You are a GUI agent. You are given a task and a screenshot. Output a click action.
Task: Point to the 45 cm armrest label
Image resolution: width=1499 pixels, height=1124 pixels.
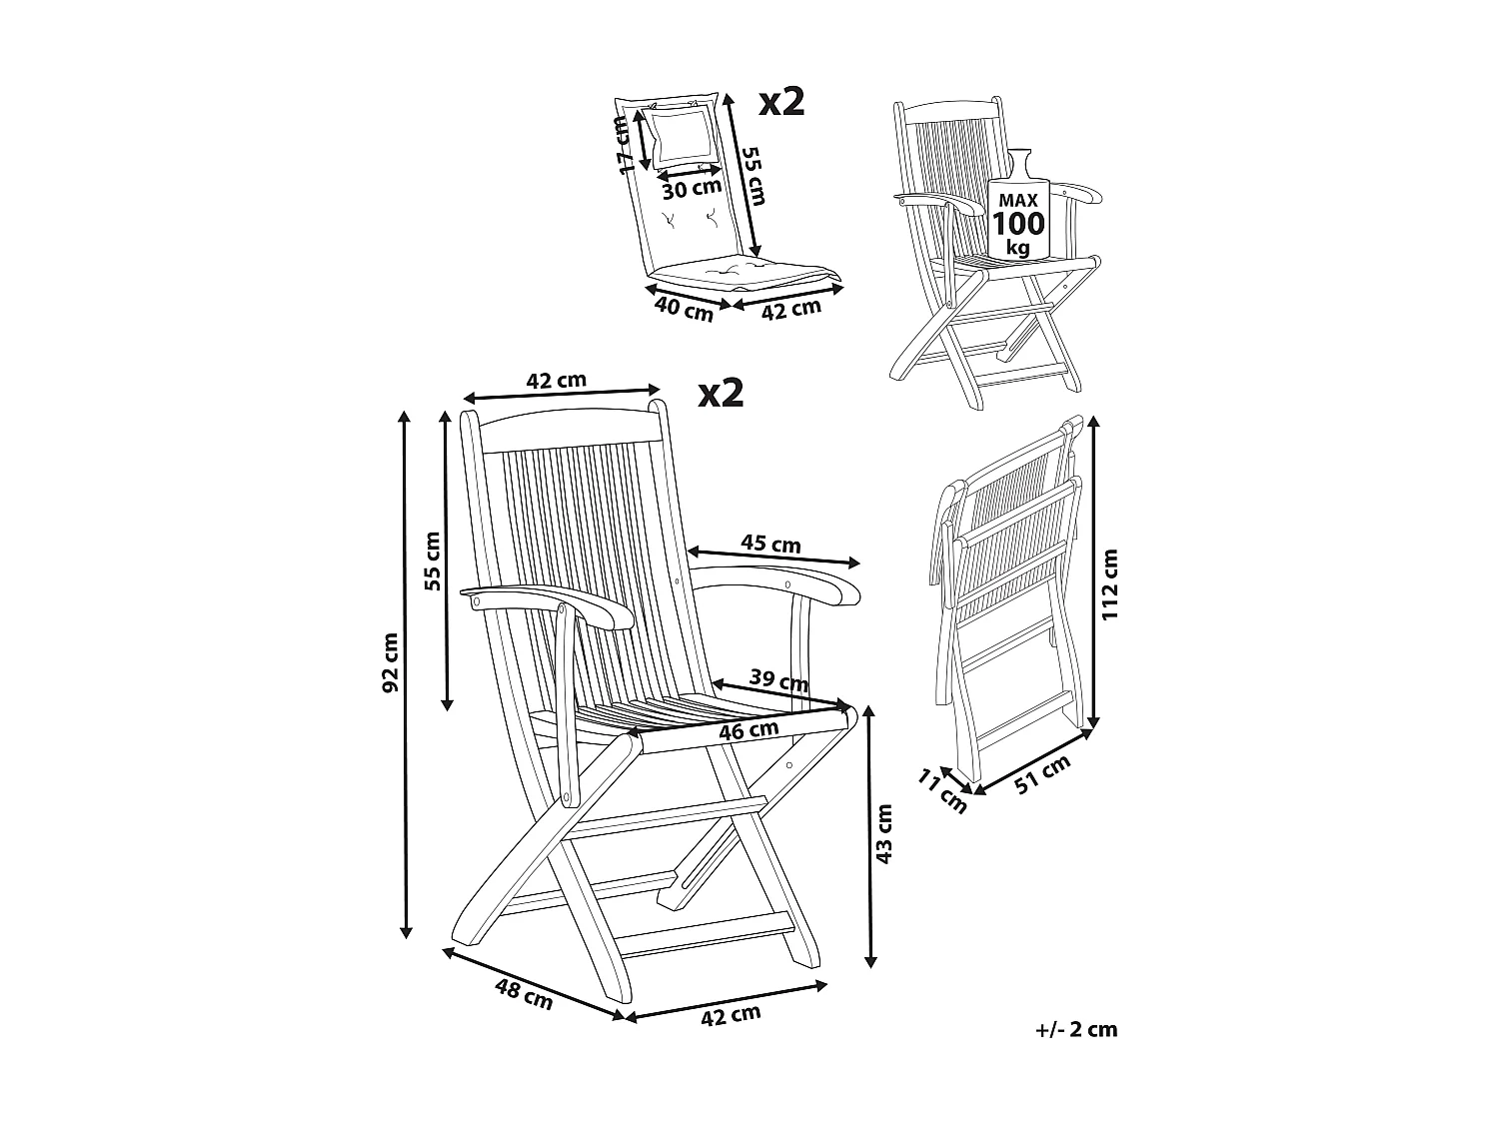(770, 545)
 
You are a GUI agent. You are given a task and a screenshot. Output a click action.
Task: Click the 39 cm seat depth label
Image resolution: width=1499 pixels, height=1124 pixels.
(778, 682)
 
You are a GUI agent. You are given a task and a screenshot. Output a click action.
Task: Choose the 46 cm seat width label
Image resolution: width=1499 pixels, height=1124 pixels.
(749, 731)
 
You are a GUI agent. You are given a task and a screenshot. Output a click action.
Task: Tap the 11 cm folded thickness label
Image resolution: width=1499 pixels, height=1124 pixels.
(942, 791)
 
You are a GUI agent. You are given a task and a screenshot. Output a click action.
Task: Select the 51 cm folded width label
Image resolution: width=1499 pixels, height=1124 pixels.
(1042, 775)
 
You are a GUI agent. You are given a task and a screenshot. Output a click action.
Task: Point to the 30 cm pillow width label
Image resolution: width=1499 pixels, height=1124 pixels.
(691, 187)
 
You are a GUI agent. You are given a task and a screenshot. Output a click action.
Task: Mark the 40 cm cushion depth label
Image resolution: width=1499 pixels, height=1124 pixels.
(684, 308)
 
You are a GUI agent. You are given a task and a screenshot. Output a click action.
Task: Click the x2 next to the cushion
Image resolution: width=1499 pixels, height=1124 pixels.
(781, 102)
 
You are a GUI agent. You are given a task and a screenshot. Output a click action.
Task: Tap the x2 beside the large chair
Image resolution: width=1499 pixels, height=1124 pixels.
(722, 393)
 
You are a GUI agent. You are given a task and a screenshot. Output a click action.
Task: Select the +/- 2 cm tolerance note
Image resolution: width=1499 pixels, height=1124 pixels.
(1077, 1030)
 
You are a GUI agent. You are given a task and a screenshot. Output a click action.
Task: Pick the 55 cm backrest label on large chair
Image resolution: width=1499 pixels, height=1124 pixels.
(432, 562)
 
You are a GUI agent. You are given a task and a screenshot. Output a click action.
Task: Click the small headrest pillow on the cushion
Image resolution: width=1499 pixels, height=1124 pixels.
(684, 137)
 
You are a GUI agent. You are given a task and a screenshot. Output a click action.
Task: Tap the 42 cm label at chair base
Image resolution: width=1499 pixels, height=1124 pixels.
(731, 1015)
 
